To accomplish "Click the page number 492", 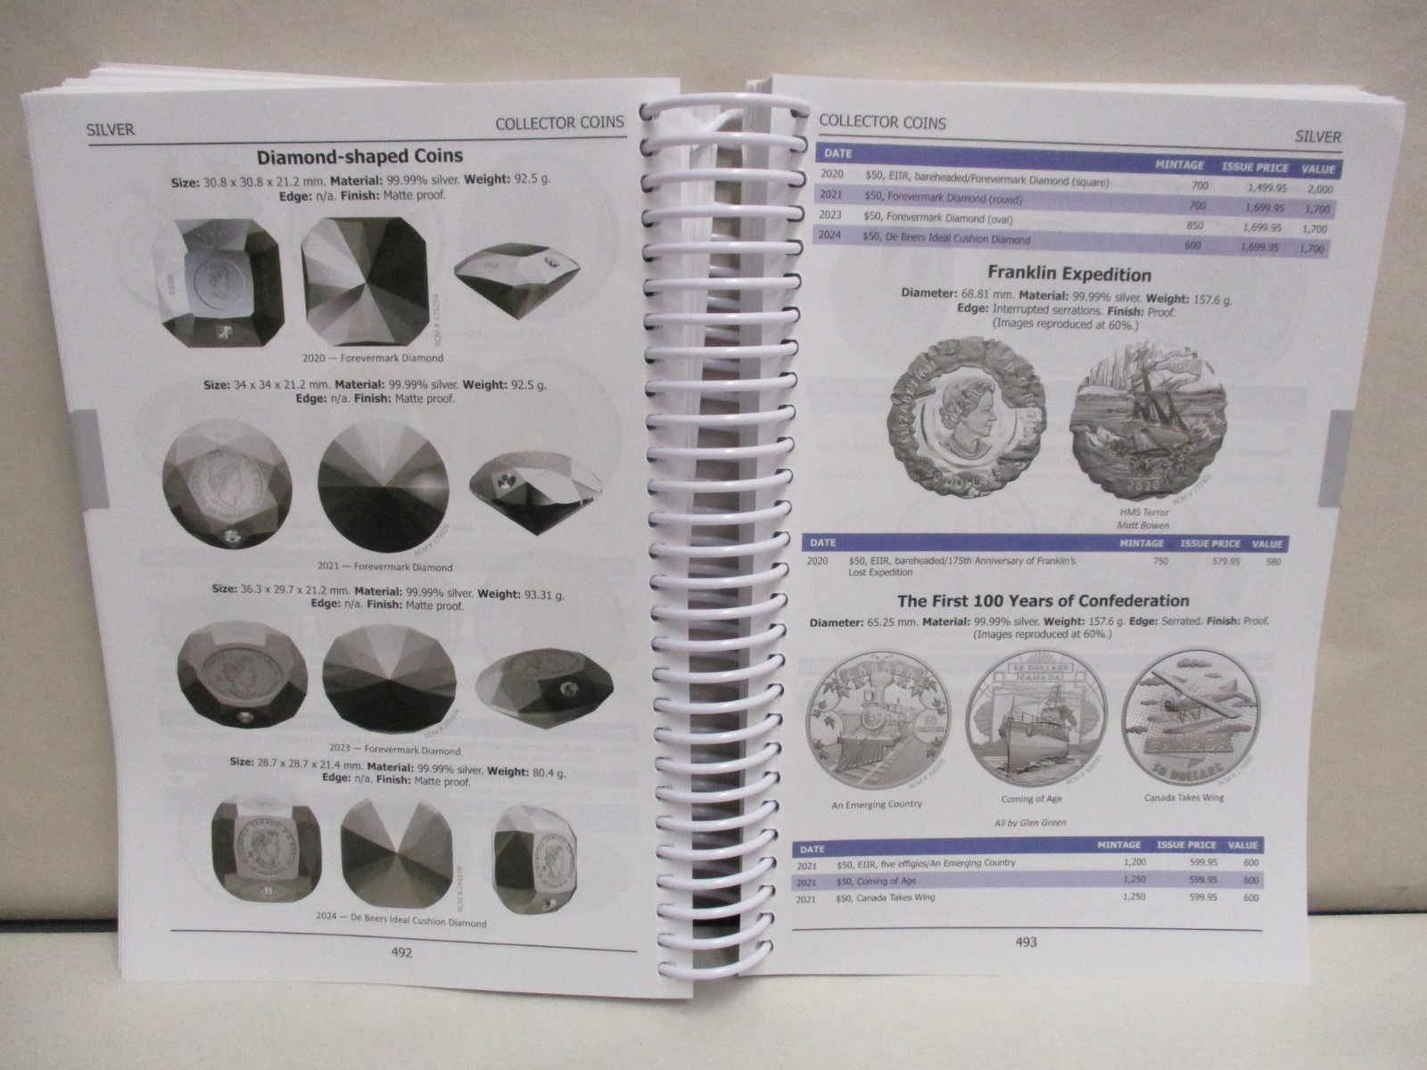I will [x=401, y=951].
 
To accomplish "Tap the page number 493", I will [x=1027, y=941].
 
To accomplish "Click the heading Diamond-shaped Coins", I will [x=359, y=157].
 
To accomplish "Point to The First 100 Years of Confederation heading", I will [x=1043, y=601].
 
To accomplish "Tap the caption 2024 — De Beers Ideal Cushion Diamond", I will [x=401, y=921].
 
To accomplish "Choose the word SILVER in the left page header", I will [x=110, y=129].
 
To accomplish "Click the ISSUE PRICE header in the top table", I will [x=1253, y=168].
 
